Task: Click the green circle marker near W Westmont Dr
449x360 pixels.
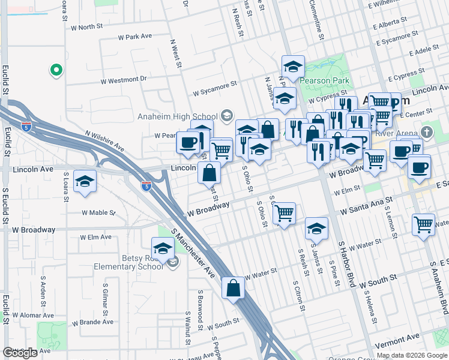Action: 56,71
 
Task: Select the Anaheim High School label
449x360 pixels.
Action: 178,116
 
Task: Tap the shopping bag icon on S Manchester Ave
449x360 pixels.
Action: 233,288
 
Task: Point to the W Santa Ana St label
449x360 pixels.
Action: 366,206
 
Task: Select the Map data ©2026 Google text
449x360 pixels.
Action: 412,355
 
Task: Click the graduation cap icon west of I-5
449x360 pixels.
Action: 85,181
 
